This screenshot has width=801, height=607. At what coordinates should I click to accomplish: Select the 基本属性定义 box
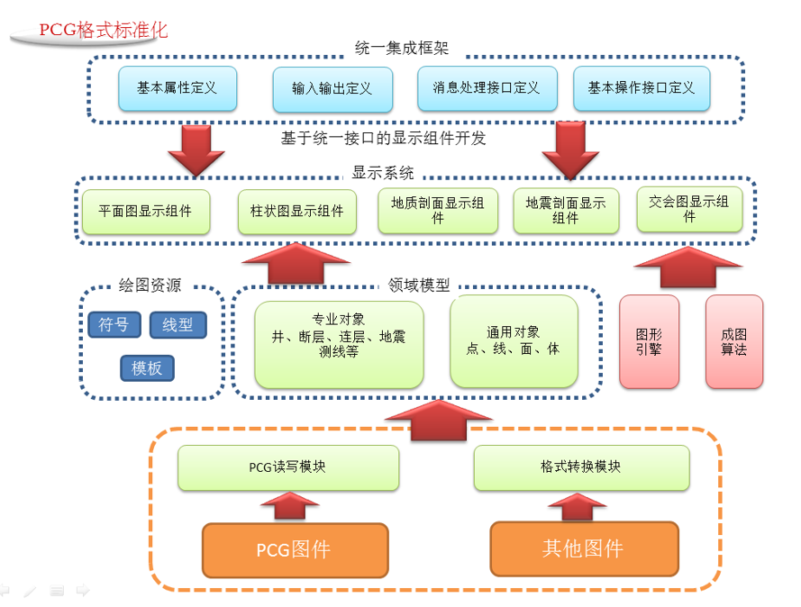click(177, 88)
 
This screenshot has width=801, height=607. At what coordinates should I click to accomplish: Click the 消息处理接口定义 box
click(486, 88)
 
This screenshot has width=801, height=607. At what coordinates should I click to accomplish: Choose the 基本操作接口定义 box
click(642, 88)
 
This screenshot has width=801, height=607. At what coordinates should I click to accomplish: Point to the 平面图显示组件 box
click(145, 212)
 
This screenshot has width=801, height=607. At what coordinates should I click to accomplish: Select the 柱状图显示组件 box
click(296, 212)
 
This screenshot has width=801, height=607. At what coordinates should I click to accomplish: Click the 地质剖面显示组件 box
click(438, 211)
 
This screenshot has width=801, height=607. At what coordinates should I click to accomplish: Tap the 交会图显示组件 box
click(689, 209)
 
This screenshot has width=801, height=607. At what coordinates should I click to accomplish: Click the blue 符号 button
click(114, 325)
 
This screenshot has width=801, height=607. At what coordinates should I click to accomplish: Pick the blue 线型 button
click(177, 325)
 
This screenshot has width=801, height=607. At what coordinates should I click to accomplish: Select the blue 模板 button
click(147, 367)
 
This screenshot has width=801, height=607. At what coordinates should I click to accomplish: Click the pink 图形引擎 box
click(649, 342)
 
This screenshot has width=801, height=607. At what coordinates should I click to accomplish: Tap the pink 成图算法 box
click(733, 342)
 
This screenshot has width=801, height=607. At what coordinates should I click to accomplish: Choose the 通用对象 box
click(514, 341)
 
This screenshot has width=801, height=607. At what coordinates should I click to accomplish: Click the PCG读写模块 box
click(287, 467)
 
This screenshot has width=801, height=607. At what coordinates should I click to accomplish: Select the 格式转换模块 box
click(581, 467)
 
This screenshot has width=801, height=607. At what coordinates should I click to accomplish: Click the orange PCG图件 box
click(295, 549)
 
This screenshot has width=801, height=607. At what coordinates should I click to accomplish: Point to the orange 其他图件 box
click(583, 548)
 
